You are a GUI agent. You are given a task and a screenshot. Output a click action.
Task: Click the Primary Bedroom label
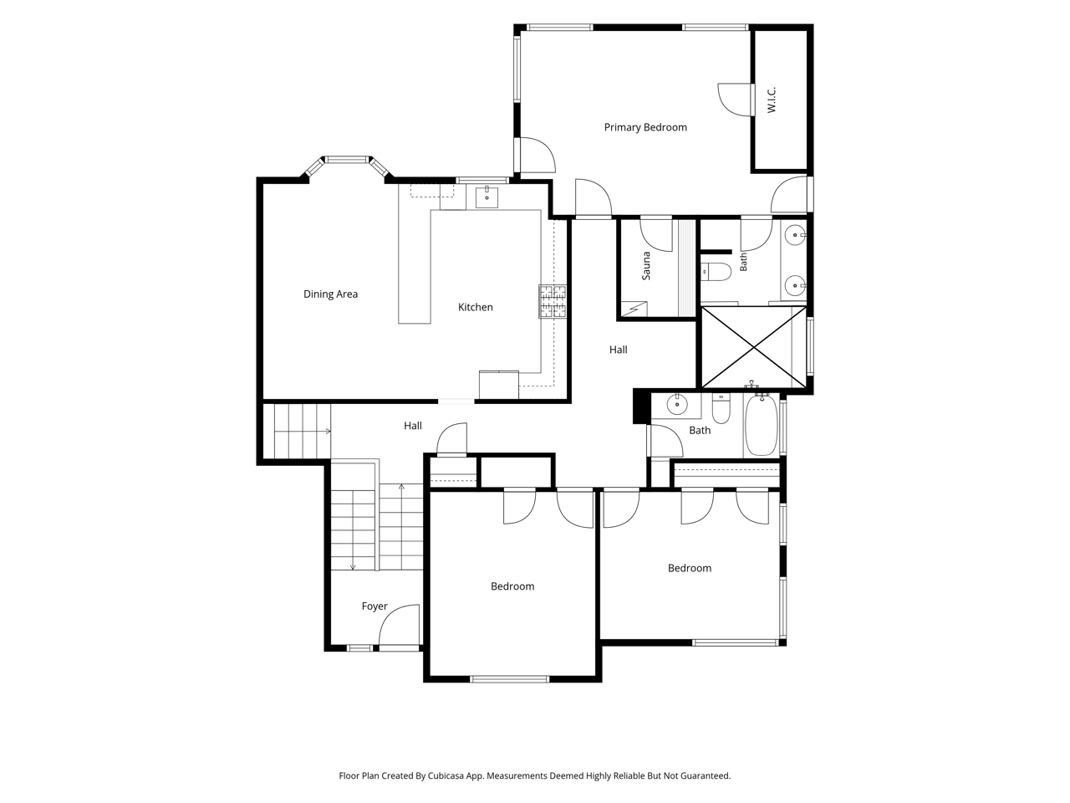645,127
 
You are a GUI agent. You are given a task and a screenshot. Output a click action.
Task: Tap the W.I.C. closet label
772,100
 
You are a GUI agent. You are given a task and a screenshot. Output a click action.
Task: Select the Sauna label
646,266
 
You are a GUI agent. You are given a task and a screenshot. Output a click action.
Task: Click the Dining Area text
330,294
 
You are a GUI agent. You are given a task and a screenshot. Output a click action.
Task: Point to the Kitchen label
476,307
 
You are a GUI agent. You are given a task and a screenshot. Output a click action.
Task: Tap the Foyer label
374,606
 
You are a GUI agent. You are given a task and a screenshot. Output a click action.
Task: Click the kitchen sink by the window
487,197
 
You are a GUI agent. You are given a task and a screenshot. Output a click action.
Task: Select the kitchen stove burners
553,301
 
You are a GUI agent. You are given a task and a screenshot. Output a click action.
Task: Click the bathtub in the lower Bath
762,425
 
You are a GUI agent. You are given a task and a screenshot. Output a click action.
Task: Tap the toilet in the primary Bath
716,272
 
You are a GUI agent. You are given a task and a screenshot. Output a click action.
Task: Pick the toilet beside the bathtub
721,409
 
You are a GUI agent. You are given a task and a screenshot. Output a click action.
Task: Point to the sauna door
656,234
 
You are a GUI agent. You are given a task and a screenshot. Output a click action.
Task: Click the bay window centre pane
348,160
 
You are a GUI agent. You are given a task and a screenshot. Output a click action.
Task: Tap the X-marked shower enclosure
754,347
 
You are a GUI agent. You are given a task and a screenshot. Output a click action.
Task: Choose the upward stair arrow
401,527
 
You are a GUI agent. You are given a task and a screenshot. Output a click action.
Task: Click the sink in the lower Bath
676,404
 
